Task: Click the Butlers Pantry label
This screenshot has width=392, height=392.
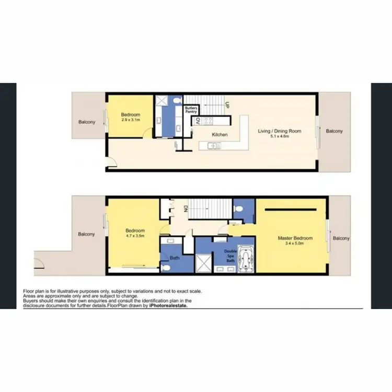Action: click(x=191, y=109)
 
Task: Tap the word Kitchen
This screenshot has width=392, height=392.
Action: click(x=220, y=135)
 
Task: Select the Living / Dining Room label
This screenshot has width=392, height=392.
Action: click(x=280, y=131)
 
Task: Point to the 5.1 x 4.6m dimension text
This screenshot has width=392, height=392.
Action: click(x=280, y=137)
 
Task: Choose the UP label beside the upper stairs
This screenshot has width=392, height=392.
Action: click(x=227, y=105)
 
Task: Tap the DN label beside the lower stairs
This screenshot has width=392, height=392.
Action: click(x=185, y=209)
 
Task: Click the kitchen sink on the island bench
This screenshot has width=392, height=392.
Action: click(x=213, y=146)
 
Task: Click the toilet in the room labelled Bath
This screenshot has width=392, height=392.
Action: click(x=165, y=267)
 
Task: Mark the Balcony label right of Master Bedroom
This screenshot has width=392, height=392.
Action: click(x=341, y=238)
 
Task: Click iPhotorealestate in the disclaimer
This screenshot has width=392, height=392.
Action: click(x=167, y=306)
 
